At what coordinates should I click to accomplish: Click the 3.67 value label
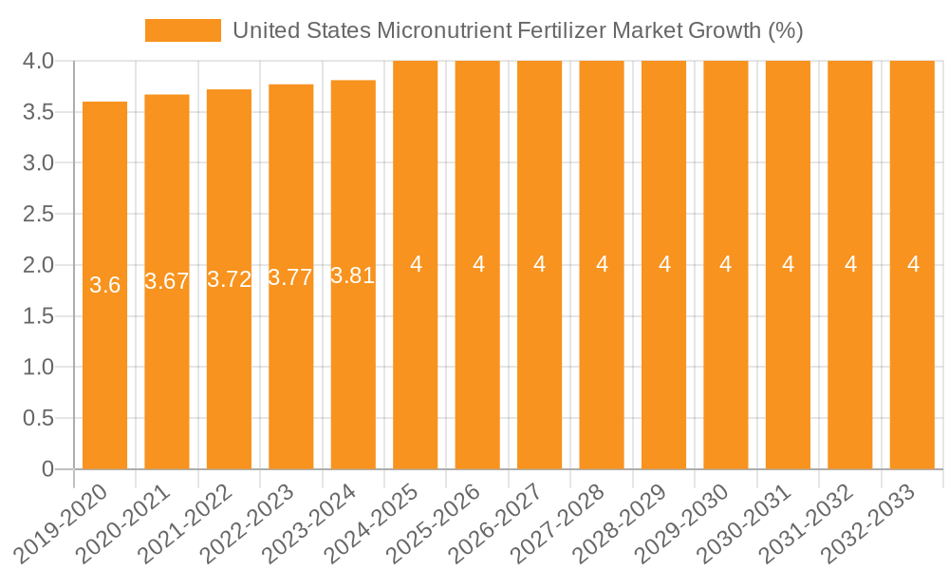[x=167, y=281]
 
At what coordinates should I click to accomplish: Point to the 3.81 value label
[x=353, y=276]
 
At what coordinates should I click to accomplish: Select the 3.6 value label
[x=104, y=285]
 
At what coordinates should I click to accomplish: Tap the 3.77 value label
[x=290, y=278]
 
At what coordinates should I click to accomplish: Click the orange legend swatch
[x=182, y=30]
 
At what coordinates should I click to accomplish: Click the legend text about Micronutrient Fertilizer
[x=518, y=30]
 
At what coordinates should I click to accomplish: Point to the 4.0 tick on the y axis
[x=37, y=62]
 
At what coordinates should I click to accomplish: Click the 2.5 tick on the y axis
[x=37, y=215]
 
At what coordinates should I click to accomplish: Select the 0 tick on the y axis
[x=48, y=469]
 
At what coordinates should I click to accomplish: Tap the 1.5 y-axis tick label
[x=37, y=316]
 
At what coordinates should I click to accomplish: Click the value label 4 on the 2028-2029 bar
[x=664, y=264]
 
